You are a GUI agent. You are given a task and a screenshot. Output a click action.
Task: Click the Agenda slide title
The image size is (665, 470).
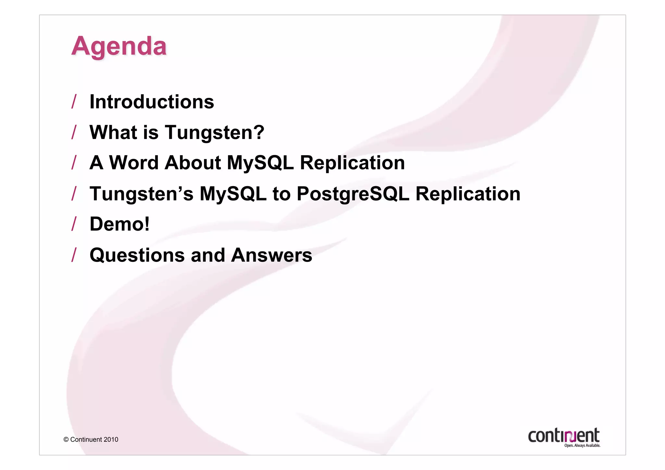coord(119,46)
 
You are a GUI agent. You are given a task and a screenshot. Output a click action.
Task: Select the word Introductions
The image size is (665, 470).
coord(152,102)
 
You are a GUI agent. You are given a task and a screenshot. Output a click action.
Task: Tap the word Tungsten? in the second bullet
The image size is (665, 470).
coord(215,133)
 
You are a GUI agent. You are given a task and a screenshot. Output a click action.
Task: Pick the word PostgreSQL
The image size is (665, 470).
coord(353,194)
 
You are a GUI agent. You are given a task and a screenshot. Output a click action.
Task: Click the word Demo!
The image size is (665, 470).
coord(119,224)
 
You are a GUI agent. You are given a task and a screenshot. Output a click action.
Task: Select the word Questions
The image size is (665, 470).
coord(137,255)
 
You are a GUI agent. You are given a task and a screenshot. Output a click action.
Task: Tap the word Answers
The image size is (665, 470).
coord(271,255)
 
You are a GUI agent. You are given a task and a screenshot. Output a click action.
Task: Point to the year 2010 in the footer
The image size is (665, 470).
coord(111,439)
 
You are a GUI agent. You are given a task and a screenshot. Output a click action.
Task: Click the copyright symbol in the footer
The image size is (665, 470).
coord(66,439)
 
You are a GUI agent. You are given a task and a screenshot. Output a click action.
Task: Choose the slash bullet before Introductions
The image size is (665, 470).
coord(74,102)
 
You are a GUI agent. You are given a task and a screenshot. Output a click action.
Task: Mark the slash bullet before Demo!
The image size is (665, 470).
coord(74,224)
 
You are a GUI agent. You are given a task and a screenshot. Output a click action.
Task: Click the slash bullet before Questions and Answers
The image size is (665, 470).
coord(74,255)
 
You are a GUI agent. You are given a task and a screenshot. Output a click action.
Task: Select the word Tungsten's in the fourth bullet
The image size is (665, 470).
coord(141,194)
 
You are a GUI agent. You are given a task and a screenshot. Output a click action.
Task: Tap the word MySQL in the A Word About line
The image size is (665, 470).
coord(260,162)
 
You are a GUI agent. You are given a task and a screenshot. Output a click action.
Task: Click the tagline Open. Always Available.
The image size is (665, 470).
coord(582,446)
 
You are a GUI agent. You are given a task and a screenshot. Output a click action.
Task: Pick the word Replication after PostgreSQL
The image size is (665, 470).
coord(468,194)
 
